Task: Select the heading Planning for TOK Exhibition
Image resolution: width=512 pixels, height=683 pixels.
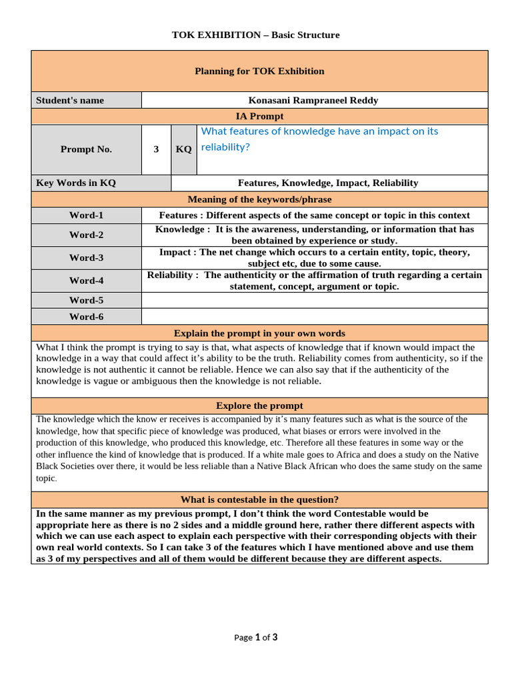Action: (x=259, y=71)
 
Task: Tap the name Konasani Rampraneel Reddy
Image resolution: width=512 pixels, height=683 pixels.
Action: (x=313, y=100)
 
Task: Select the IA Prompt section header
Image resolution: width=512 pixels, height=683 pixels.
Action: (x=259, y=117)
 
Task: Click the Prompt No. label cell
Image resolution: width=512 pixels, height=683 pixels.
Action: (x=86, y=149)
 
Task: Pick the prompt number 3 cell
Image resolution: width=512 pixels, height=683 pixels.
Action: (x=156, y=149)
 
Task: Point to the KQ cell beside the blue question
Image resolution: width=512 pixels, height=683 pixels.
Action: (x=183, y=149)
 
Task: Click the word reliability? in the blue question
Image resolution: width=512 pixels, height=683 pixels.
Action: (x=225, y=147)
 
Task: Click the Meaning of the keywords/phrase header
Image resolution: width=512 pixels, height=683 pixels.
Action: (x=259, y=199)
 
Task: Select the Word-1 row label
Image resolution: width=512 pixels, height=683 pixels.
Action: (x=86, y=215)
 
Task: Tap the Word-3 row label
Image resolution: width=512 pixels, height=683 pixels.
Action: (x=86, y=258)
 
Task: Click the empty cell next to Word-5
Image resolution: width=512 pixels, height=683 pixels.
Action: (x=315, y=300)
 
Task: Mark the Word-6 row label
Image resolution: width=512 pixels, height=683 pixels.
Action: (x=86, y=317)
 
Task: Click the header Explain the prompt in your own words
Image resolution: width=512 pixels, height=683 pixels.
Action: (x=259, y=333)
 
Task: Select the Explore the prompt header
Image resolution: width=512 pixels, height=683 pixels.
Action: (x=259, y=406)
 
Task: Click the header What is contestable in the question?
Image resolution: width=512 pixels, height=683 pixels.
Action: (x=259, y=500)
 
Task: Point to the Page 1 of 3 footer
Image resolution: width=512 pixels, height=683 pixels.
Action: (x=256, y=637)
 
